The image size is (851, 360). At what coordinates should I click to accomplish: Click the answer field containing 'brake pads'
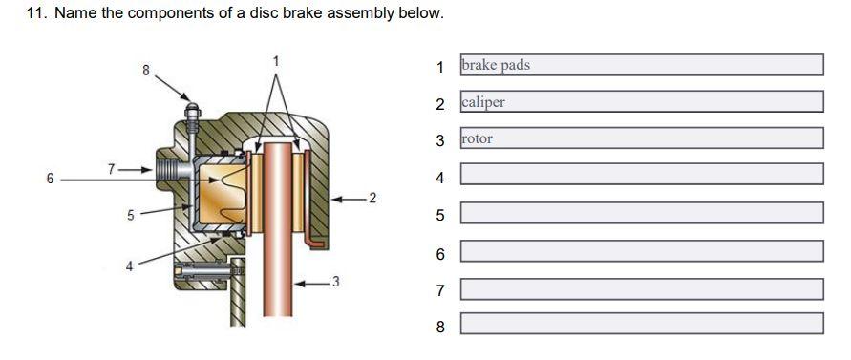point(641,65)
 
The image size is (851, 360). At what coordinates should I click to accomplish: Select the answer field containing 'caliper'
point(641,101)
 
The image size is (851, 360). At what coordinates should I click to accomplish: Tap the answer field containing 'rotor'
point(641,138)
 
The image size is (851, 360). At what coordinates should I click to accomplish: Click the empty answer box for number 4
point(641,175)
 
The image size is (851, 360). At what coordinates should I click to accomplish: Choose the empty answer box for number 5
point(641,213)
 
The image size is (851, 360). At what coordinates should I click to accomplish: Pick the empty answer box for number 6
point(641,251)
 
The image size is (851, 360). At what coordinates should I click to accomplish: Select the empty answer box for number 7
point(641,288)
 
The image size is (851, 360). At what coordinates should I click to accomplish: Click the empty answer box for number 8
point(641,325)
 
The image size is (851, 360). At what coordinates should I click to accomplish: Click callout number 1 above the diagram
point(276,61)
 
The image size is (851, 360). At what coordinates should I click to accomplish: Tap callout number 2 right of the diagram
point(372,198)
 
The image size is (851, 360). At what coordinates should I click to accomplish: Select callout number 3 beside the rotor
point(334,282)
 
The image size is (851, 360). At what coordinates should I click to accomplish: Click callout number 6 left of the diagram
point(50,177)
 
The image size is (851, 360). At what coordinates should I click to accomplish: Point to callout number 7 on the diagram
point(111,168)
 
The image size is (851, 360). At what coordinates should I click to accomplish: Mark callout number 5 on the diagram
point(131,215)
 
